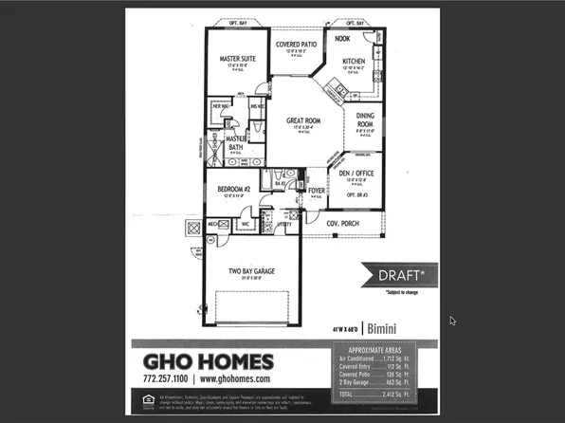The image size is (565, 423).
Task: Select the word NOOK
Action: (342, 39)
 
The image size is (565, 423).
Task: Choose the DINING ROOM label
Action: (366, 120)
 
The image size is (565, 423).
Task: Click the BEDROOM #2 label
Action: (233, 190)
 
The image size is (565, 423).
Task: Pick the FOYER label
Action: (317, 191)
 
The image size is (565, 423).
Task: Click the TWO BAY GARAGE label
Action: (251, 271)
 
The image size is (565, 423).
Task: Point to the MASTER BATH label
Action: (237, 142)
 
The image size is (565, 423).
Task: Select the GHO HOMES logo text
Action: (210, 360)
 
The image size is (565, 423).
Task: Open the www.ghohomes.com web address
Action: (229, 378)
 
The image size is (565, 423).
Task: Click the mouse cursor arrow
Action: (453, 321)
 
